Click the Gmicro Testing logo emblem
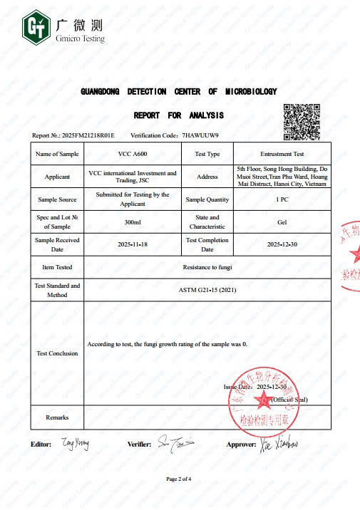pos(35,27)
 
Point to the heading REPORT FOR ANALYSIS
pos(179,115)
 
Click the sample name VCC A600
pos(132,154)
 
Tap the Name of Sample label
pos(57,154)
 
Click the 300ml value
pos(132,222)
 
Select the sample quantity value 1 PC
pos(282,199)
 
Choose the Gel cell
pos(282,222)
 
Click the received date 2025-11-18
pos(132,244)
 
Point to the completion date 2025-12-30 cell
pos(282,244)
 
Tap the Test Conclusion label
pos(57,353)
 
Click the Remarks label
pos(57,417)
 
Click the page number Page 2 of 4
pos(180,479)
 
